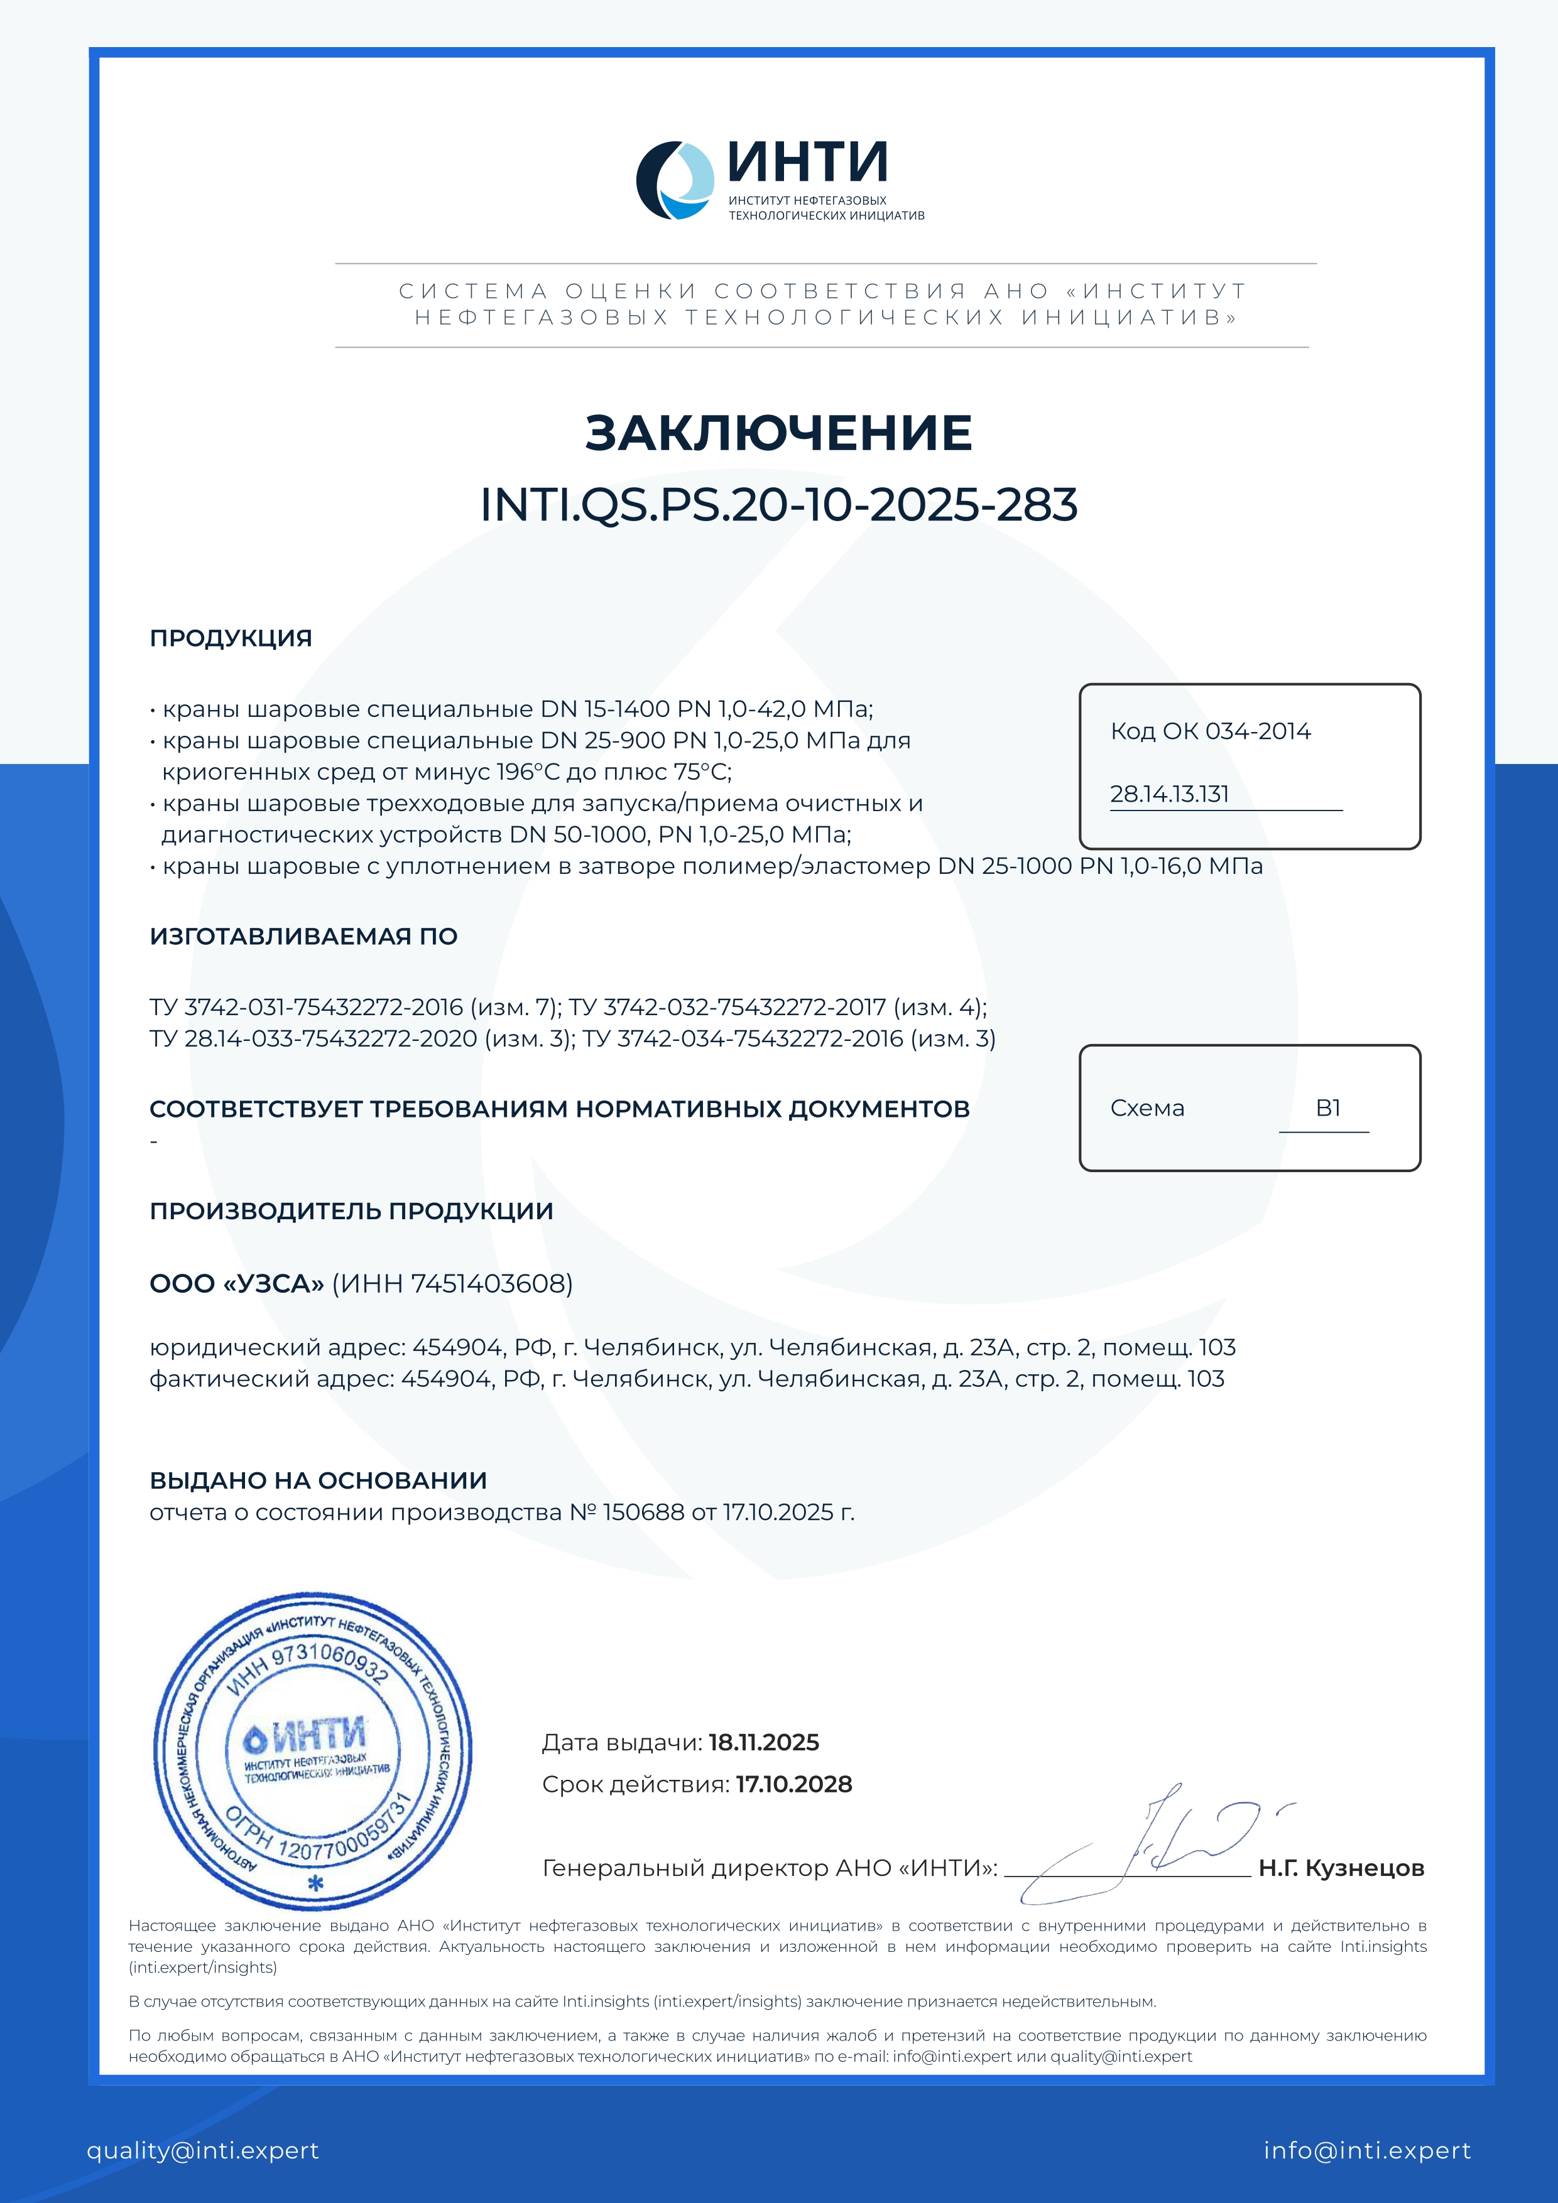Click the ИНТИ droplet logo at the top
pos(675,180)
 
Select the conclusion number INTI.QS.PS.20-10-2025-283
pos(778,505)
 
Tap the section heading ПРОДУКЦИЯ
pos(231,638)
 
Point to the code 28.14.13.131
pos(1169,794)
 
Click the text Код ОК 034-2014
pos(1209,731)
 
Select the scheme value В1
pos(1327,1108)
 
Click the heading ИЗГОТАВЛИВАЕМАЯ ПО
pos(303,937)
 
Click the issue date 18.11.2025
pos(763,1742)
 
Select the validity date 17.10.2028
pos(794,1784)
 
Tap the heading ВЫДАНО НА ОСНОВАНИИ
pos(318,1480)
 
